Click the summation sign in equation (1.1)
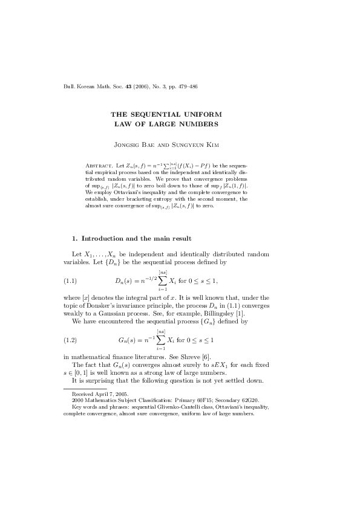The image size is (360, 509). click(x=162, y=280)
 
